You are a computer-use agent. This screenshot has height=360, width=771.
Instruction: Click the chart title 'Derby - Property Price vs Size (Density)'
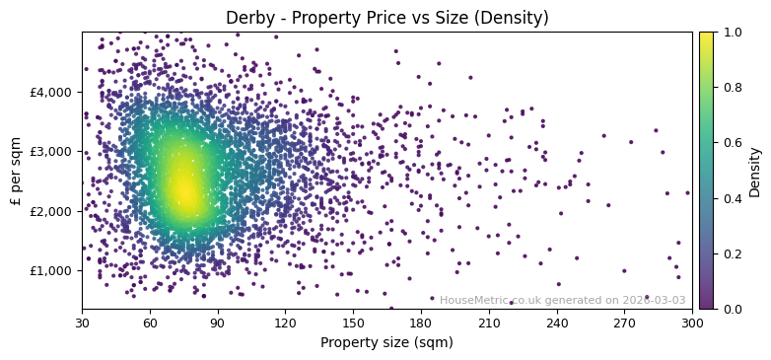[386, 18]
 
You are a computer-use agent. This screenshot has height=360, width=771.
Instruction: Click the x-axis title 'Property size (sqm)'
[386, 343]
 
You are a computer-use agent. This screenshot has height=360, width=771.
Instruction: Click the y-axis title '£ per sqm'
[16, 171]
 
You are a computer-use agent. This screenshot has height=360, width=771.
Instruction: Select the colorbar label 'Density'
[755, 171]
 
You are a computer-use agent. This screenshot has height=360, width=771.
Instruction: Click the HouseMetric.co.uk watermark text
[562, 300]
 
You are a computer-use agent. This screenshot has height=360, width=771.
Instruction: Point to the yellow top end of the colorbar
[706, 36]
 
